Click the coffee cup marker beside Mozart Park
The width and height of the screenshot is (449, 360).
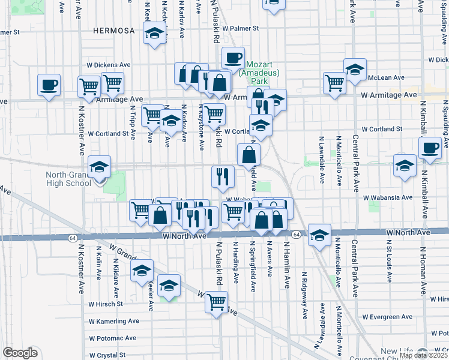(233, 59)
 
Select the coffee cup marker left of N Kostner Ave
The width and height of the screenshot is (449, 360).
(49, 85)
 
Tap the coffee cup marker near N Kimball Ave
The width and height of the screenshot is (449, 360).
(430, 148)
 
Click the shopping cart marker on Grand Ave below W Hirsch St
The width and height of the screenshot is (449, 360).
(216, 302)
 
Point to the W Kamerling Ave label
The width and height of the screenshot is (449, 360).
(114, 321)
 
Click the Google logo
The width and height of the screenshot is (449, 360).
(20, 353)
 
